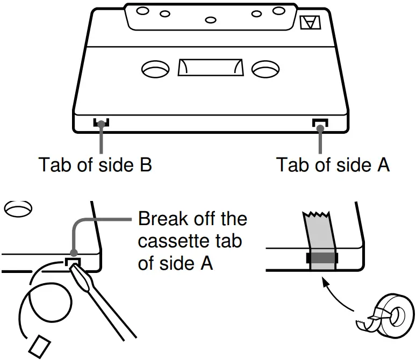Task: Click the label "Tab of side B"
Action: (x=95, y=164)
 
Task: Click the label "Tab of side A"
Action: (x=333, y=164)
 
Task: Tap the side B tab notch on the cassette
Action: (x=101, y=124)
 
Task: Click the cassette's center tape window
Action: (x=210, y=68)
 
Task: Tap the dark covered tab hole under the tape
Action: (x=321, y=258)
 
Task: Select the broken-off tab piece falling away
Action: (x=39, y=345)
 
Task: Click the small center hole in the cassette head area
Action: (x=211, y=20)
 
